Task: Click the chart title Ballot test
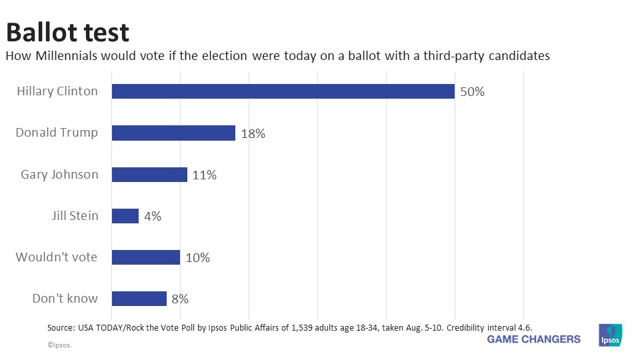point(67,32)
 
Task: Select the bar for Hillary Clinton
point(283,91)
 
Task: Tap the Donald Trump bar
point(173,133)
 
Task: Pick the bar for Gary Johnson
point(149,175)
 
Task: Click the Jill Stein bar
point(125,216)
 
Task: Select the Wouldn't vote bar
point(145,257)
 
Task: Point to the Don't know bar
point(139,299)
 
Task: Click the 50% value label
point(472,92)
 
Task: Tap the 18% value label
point(253,133)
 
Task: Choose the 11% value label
point(205,175)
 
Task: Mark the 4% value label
point(152,217)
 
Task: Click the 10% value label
point(197,258)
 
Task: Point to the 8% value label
point(180,299)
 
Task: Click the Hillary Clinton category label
point(57,91)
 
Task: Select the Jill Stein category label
point(75,216)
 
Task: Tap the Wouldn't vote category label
point(57,257)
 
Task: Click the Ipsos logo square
point(610,335)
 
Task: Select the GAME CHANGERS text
point(533,339)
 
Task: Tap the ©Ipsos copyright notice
point(59,346)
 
